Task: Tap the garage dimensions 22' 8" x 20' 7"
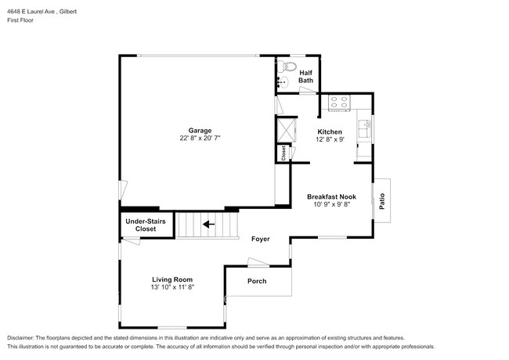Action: point(199,138)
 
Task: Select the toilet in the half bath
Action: point(287,65)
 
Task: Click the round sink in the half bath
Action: point(283,80)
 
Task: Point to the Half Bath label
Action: point(306,77)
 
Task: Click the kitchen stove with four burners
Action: point(340,101)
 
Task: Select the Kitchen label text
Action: point(329,131)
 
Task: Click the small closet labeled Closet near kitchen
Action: point(283,153)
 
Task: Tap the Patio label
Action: point(382,200)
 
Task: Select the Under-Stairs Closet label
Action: point(146,225)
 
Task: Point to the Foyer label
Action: point(261,239)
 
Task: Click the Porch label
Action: point(257,281)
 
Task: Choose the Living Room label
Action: point(172,279)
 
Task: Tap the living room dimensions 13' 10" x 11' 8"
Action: point(172,287)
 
